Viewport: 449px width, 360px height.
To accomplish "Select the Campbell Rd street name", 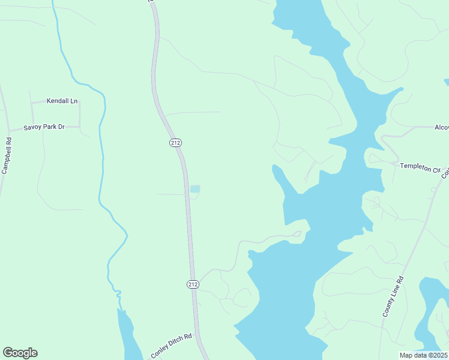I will (7, 157).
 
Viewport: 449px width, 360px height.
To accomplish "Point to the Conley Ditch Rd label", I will (171, 346).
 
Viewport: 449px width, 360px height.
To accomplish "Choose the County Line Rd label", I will (393, 297).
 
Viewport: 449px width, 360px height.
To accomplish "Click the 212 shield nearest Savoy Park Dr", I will (175, 143).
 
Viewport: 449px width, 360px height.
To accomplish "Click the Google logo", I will (20, 353).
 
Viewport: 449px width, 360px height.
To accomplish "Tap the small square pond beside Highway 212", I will (194, 189).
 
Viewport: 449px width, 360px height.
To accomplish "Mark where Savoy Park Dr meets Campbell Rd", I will (8, 130).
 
